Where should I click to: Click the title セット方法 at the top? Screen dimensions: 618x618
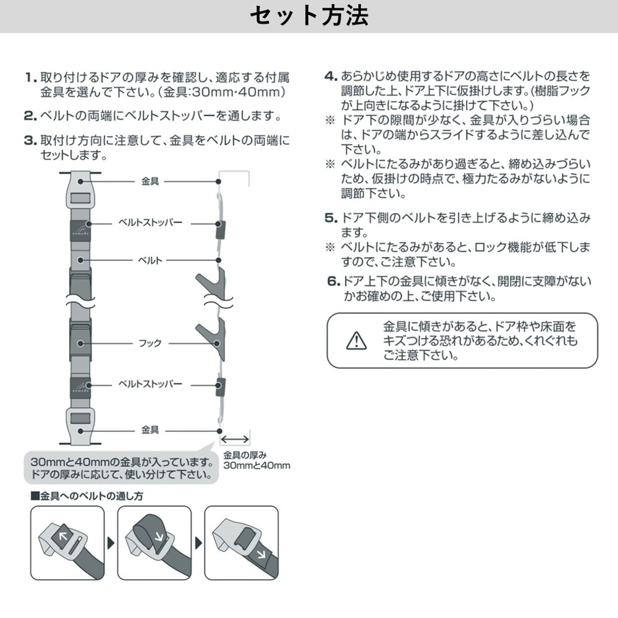309,16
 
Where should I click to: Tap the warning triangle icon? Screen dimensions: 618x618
357,341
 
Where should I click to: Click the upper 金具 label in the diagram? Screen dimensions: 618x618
150,181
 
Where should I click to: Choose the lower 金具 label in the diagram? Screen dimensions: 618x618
150,430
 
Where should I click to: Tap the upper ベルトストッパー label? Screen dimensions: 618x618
151,222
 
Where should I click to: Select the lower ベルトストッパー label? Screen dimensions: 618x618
151,384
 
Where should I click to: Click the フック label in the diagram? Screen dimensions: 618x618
150,343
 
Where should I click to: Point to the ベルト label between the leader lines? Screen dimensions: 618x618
150,261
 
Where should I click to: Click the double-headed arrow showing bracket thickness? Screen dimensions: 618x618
234,439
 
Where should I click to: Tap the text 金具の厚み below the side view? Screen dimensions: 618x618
245,455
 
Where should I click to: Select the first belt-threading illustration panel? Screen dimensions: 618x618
67,543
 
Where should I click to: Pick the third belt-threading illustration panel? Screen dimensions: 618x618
242,543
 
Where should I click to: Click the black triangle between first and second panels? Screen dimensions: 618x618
111,543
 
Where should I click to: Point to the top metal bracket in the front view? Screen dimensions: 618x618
80,190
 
